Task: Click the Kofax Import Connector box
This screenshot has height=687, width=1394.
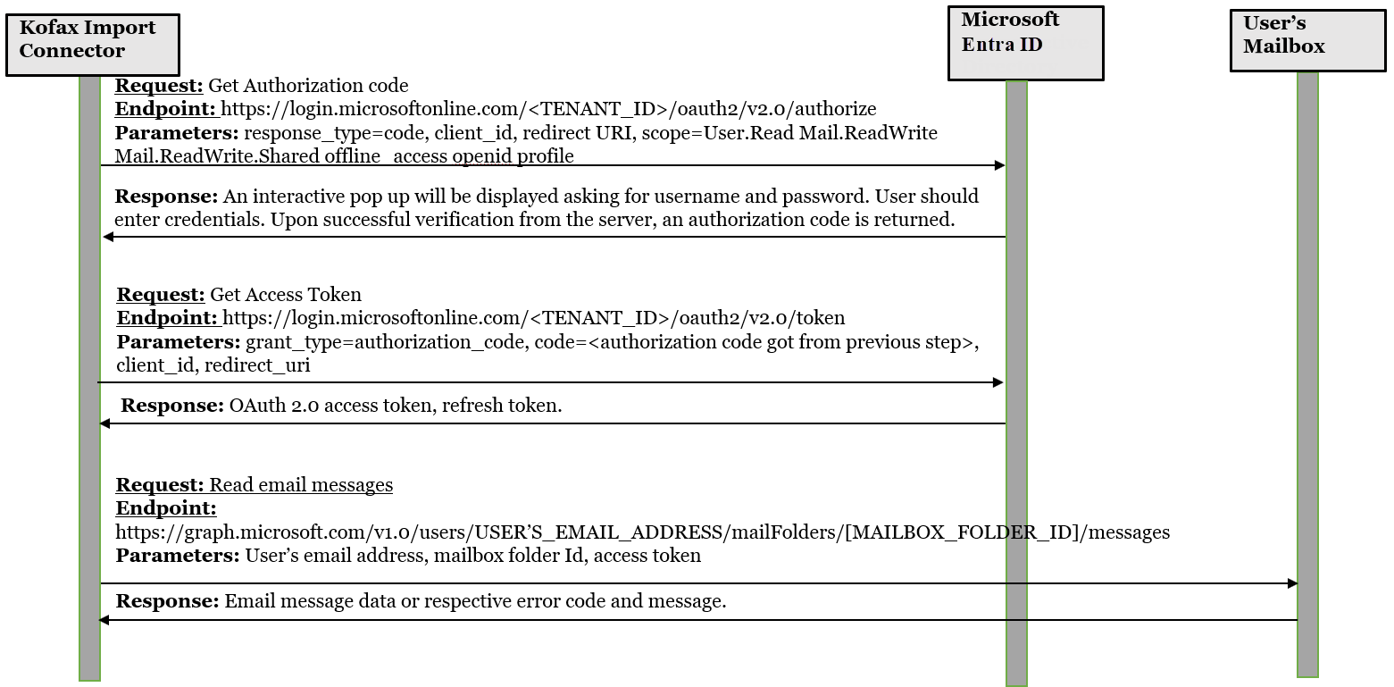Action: point(92,45)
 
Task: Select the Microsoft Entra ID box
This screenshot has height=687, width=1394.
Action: point(1025,43)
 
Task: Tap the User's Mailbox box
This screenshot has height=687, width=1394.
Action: point(1306,40)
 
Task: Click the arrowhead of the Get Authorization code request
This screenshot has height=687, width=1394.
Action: point(1000,165)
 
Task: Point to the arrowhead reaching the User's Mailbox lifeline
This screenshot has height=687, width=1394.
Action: point(1291,583)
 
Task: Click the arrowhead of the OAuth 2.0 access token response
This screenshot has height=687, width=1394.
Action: point(104,423)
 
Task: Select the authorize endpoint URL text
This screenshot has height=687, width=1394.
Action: point(548,109)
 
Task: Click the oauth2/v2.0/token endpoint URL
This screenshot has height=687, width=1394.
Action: point(533,318)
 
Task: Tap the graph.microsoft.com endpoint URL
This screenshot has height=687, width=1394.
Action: point(642,532)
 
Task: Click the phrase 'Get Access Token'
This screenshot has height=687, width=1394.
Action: point(286,295)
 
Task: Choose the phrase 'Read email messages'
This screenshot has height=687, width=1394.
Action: point(301,485)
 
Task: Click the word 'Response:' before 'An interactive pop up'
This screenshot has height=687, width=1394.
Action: point(166,197)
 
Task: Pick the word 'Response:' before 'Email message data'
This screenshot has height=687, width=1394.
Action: point(167,601)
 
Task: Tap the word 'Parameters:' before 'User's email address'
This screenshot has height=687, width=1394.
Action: point(177,556)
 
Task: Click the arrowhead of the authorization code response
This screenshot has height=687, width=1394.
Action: point(108,237)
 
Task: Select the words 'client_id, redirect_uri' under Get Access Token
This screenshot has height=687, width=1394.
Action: point(213,365)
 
